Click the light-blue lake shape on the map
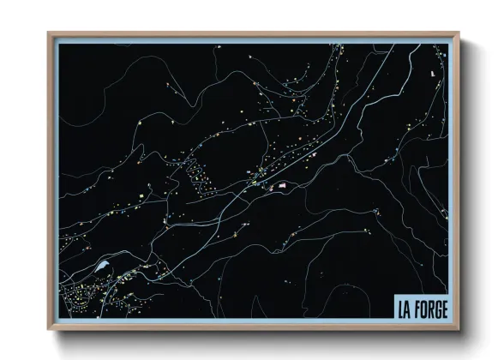pyautogui.click(x=104, y=267)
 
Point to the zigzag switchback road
pyautogui.click(x=195, y=171)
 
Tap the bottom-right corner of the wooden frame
pyautogui.click(x=459, y=329)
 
